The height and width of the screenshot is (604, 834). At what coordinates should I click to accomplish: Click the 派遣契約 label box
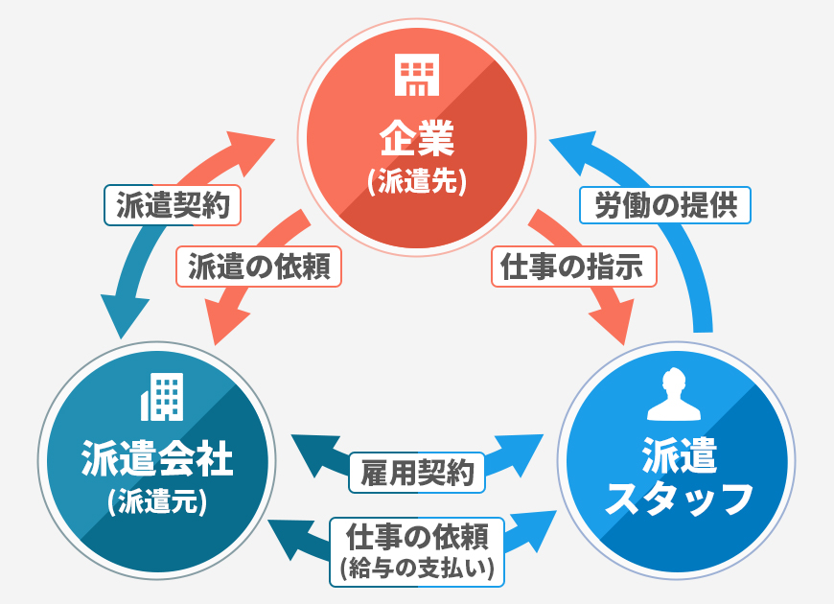coord(173,205)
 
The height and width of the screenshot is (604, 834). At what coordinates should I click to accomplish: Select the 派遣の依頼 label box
coord(259,267)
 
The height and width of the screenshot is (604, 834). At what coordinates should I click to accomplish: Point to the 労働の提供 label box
coord(666,205)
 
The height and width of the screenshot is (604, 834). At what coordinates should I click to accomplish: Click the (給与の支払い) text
coord(418,569)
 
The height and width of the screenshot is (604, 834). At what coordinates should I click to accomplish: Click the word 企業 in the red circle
coord(417,141)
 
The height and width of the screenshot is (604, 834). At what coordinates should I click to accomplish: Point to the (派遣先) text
coord(417,183)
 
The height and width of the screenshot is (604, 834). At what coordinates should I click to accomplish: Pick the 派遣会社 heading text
coord(158,457)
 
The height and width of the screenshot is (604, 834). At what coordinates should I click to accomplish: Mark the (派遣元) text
coord(158,501)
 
